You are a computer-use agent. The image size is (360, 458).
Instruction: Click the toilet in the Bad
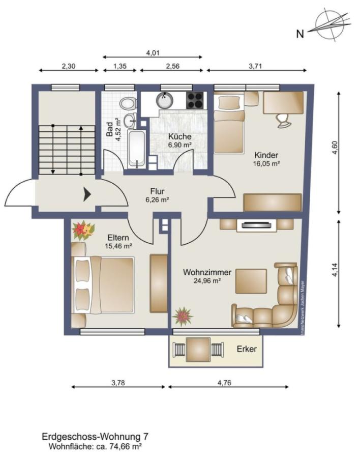pos(128,104)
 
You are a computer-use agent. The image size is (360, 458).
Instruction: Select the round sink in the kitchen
pos(165,100)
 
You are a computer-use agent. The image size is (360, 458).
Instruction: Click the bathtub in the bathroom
pos(137,149)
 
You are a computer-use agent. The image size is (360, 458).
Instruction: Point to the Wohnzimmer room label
pos(207,272)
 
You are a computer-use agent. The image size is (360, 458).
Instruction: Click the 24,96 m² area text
pos(207,281)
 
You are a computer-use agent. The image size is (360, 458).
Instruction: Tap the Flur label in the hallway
pos(157,191)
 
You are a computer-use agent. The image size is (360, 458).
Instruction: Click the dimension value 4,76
pos(224,382)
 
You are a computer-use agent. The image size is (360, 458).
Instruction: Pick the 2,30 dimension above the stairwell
pos(69,66)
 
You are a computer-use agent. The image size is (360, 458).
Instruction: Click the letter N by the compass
pos(300,34)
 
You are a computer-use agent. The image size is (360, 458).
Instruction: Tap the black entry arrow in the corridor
pos(87,194)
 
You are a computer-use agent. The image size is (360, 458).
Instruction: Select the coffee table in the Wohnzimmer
pos(251,281)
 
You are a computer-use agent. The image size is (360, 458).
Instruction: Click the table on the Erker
pos(198,349)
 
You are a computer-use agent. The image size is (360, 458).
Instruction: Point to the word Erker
pos(247,349)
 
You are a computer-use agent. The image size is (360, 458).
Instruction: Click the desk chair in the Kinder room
pos(284,120)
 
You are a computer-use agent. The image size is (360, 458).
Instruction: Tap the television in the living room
pos(257,225)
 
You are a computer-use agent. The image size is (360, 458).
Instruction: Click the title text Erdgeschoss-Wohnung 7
pos(95,437)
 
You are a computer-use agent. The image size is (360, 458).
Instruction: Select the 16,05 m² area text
pos(266,163)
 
